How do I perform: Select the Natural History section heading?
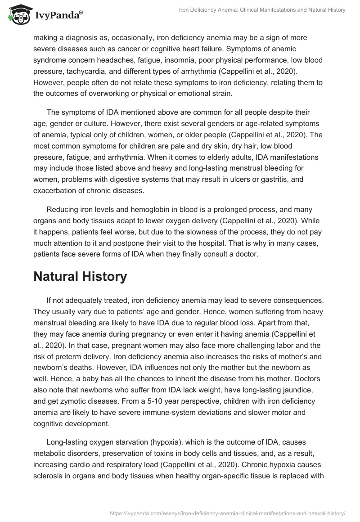coord(80,276)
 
